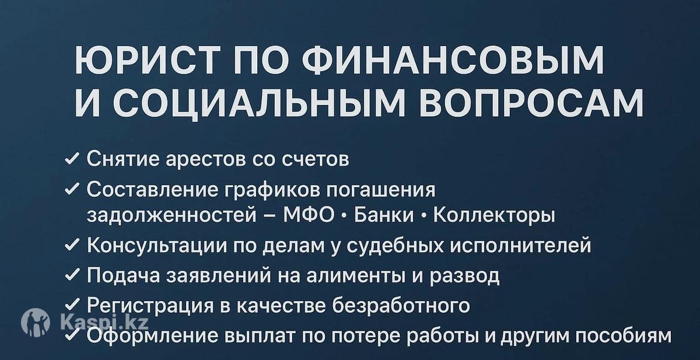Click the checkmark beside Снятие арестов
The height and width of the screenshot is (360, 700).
tap(72, 159)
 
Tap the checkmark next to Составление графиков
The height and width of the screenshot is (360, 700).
tap(72, 189)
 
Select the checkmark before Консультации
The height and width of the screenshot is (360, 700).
tap(72, 245)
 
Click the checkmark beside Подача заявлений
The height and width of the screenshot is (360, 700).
tap(72, 275)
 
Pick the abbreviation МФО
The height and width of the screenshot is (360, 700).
tap(309, 215)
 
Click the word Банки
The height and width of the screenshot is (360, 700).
tap(384, 215)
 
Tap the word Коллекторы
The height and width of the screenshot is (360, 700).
tap(494, 216)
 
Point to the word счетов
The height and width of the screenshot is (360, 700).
tap(316, 160)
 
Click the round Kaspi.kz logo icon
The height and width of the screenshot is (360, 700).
tap(36, 323)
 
